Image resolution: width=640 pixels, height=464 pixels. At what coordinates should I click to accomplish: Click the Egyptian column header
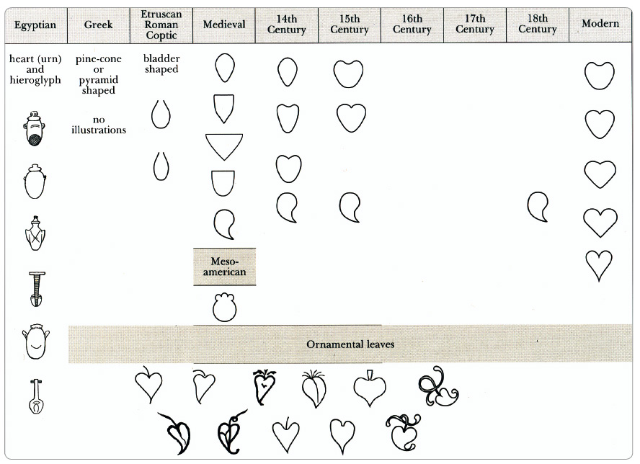tap(35, 25)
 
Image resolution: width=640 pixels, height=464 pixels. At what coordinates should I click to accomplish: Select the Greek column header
tap(98, 25)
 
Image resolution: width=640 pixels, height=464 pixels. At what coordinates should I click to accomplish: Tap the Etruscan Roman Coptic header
tap(161, 25)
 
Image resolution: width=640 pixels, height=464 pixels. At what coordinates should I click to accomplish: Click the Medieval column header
tap(224, 25)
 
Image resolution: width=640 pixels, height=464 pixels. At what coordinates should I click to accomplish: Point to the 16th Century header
tap(412, 24)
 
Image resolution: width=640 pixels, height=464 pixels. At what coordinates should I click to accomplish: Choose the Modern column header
tap(600, 24)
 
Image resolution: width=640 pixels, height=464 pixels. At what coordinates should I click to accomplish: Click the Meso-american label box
tap(224, 267)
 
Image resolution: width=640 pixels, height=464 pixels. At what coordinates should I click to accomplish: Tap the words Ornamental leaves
tap(350, 344)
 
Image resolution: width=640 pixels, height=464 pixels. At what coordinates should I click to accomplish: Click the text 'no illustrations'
tap(99, 125)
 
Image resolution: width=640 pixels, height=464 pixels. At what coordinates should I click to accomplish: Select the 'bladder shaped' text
tap(161, 63)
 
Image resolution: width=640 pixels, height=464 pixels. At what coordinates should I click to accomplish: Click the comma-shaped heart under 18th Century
tap(538, 207)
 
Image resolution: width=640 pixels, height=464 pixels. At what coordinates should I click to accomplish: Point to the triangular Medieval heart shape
tap(224, 146)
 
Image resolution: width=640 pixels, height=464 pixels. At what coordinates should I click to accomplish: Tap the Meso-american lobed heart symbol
tap(224, 307)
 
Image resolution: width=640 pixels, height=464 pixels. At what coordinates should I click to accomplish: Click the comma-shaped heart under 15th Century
tap(350, 208)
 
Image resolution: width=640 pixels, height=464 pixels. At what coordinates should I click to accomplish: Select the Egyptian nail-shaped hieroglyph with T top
tap(36, 289)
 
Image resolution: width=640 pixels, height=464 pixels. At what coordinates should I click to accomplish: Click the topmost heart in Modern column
tap(600, 76)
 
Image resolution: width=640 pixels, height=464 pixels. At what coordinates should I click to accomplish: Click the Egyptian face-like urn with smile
tap(36, 342)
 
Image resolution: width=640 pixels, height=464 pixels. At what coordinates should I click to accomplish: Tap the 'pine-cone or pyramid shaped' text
tap(98, 74)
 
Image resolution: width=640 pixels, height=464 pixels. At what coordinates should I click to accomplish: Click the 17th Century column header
tap(475, 24)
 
